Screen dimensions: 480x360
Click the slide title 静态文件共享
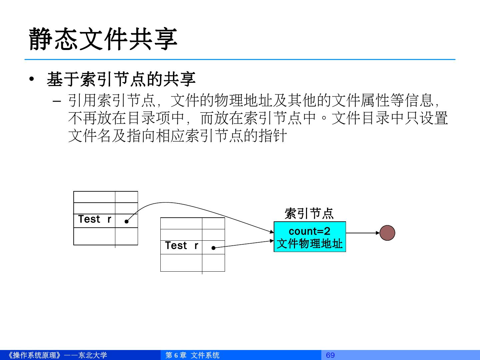coord(103,39)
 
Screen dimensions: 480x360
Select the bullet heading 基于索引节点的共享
coord(121,79)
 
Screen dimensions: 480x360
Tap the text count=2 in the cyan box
coord(309,231)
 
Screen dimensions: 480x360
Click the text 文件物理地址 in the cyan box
coord(309,244)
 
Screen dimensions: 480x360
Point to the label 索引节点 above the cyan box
coord(309,213)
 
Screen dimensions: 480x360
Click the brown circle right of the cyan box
coord(387,233)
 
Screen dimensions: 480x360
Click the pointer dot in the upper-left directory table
coord(127,221)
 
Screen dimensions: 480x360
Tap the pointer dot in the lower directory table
coord(213,248)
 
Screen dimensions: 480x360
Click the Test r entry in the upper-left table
coord(94,219)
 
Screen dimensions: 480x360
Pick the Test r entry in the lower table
coord(181,246)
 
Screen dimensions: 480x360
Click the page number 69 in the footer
coord(330,355)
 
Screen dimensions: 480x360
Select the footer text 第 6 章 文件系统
coord(192,355)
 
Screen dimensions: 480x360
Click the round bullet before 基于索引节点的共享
coord(32,79)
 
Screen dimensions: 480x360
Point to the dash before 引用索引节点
coord(57,100)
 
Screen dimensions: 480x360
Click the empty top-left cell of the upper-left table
coord(94,197)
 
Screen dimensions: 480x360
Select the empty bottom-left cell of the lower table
coord(181,263)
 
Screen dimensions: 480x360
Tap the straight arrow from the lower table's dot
coord(243,244)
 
